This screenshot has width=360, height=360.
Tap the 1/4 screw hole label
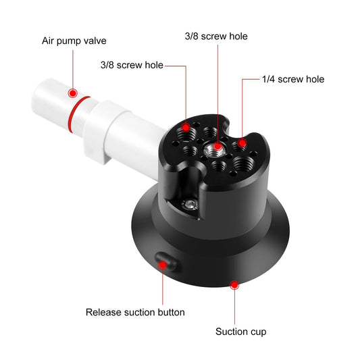pyautogui.click(x=292, y=80)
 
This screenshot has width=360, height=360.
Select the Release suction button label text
pyautogui.click(x=135, y=312)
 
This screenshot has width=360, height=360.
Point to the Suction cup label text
pyautogui.click(x=240, y=332)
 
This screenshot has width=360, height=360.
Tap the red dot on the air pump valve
pyautogui.click(x=73, y=92)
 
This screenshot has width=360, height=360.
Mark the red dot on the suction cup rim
pyautogui.click(x=234, y=285)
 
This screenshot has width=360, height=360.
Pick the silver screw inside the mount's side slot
pyautogui.click(x=192, y=203)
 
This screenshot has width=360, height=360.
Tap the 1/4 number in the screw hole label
pyautogui.click(x=268, y=80)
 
